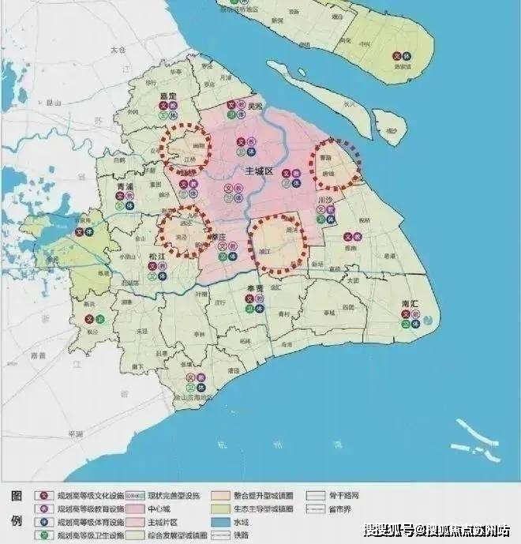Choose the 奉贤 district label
(252, 288)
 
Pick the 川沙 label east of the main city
(324, 201)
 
